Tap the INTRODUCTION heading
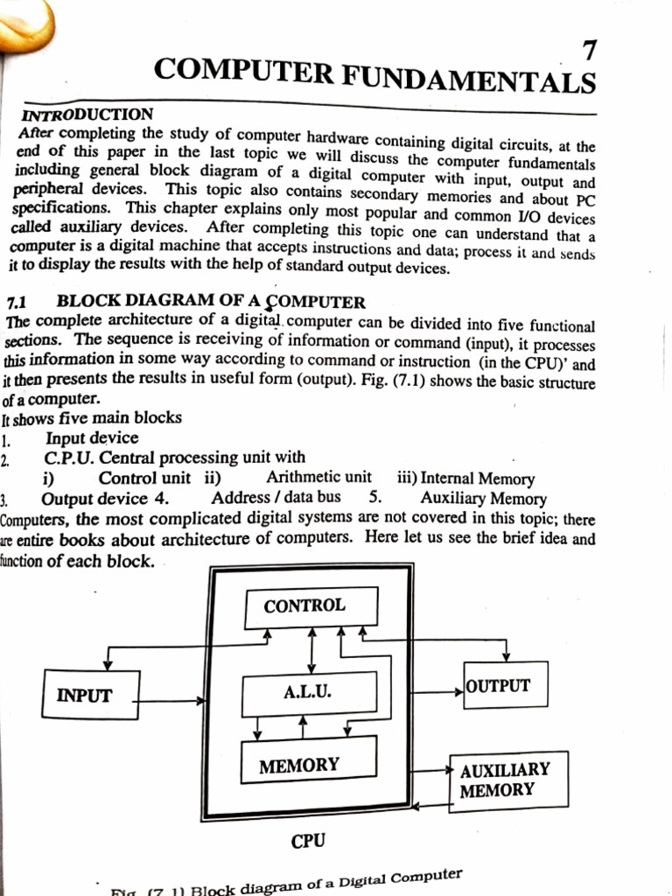pos(87,115)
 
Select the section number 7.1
pos(17,302)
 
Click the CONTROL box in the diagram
pos(311,607)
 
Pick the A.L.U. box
pos(309,694)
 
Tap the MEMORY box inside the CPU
pos(309,759)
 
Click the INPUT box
pos(90,694)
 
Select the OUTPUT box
pos(506,684)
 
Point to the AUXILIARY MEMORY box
pos(508,781)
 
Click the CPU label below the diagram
pos(308,841)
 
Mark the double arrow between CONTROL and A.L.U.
pos(311,650)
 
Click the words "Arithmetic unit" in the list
pos(318,477)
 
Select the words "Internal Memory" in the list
pos(478,479)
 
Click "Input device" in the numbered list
pos(92,437)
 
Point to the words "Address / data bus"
pos(276,498)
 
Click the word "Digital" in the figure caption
pos(363,881)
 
